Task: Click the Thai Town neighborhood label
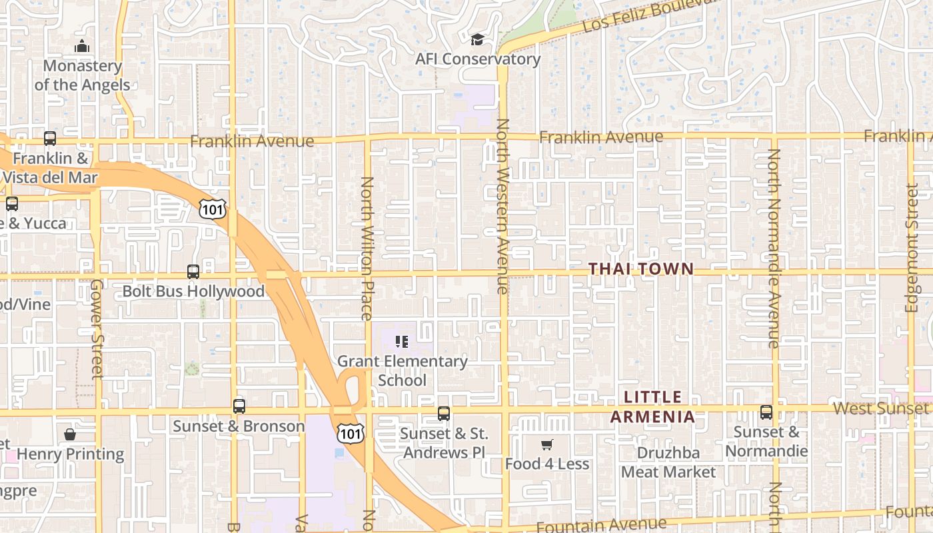(x=641, y=269)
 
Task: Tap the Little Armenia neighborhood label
(x=653, y=407)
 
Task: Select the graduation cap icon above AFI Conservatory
(x=477, y=41)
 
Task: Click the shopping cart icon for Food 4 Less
(x=546, y=444)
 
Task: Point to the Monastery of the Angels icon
(x=82, y=46)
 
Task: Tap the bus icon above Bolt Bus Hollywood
(x=193, y=272)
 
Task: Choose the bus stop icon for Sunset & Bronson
(x=239, y=406)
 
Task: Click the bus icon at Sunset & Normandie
(x=766, y=412)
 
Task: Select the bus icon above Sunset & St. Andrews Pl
(x=444, y=414)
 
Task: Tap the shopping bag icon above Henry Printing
(x=70, y=435)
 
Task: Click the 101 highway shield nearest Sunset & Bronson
(x=350, y=433)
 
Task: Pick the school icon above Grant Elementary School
(x=402, y=342)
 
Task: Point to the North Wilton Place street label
(x=367, y=248)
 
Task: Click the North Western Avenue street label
(x=502, y=206)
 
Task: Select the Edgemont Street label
(x=912, y=248)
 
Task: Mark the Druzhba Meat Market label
(x=668, y=462)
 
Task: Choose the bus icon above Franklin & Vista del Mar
(x=50, y=139)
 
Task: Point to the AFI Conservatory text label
(x=478, y=59)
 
